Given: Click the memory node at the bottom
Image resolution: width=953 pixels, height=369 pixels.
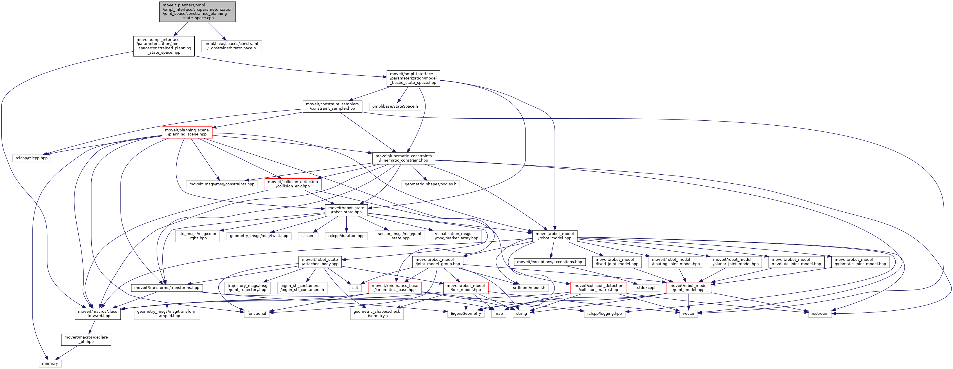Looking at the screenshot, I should click(x=50, y=363).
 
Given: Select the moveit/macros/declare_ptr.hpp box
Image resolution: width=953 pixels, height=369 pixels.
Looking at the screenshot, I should click(x=86, y=339).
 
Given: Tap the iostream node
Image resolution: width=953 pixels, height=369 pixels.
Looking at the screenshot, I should click(x=820, y=314).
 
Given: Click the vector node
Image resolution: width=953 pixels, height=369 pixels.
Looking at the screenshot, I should click(x=689, y=314).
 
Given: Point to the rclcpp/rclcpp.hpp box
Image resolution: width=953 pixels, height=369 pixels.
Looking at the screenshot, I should click(x=32, y=158).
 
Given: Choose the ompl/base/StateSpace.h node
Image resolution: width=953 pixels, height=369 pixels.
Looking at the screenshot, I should click(x=395, y=106).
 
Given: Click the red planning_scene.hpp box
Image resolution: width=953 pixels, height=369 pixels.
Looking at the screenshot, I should click(x=187, y=132).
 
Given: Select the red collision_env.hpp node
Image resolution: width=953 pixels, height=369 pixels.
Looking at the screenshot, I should click(x=293, y=184).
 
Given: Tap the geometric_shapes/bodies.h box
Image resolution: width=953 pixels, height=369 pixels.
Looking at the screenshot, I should click(x=430, y=184).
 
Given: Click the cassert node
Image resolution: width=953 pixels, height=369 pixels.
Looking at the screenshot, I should click(x=308, y=236).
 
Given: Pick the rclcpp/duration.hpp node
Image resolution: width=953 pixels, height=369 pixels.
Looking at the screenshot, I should click(x=346, y=236).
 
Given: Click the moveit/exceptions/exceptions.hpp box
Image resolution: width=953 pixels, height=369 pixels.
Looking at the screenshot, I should click(x=549, y=262).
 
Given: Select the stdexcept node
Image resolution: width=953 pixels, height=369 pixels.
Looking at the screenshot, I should click(x=646, y=287).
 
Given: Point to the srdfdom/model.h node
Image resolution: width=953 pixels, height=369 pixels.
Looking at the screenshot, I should click(x=529, y=287).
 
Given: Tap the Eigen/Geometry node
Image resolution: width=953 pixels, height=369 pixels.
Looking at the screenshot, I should click(x=466, y=314).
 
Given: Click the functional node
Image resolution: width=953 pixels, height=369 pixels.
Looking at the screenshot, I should click(x=256, y=314).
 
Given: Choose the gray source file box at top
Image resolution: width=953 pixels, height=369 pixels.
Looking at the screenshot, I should click(x=198, y=12).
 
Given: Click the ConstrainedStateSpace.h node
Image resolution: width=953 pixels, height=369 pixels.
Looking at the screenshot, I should click(x=231, y=46).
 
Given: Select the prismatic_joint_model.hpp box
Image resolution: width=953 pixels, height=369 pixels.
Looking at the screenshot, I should click(x=860, y=262).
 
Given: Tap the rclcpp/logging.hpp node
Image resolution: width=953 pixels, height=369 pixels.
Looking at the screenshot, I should click(x=604, y=314).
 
